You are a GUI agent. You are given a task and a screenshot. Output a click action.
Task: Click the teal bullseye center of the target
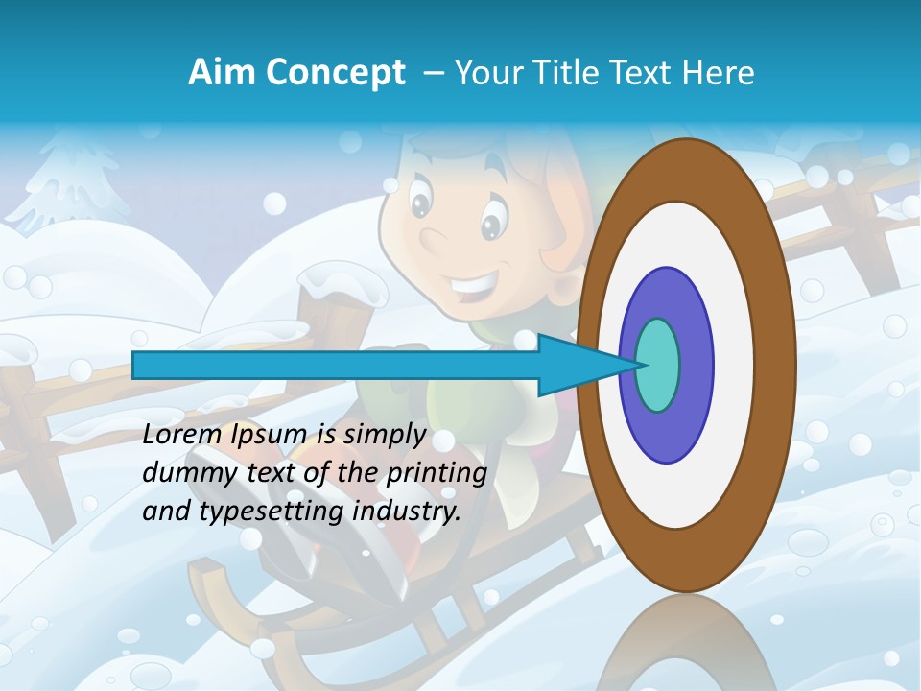click(x=658, y=365)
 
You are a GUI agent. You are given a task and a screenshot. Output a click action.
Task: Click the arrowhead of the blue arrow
click(x=576, y=365)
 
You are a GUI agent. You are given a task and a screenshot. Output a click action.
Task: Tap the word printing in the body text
click(x=436, y=474)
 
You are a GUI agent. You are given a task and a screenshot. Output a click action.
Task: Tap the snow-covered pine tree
click(x=72, y=182)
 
